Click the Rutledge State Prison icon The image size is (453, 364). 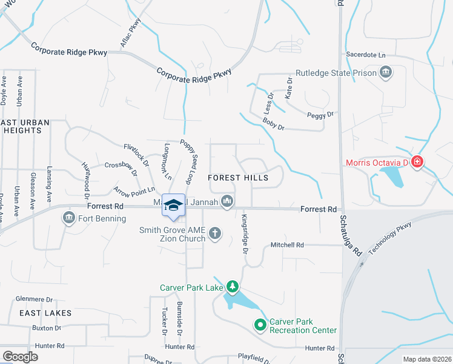(385, 73)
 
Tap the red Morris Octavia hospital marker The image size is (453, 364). (417, 162)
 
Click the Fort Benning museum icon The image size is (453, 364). (69, 218)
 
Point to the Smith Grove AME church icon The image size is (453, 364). (214, 233)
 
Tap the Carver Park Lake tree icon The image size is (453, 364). (232, 286)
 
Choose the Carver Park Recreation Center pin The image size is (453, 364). (260, 326)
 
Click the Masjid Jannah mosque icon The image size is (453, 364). (227, 201)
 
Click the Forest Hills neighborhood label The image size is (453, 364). (246, 178)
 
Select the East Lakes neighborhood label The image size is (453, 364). (45, 313)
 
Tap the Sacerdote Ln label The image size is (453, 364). (366, 55)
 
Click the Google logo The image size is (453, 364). (20, 357)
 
